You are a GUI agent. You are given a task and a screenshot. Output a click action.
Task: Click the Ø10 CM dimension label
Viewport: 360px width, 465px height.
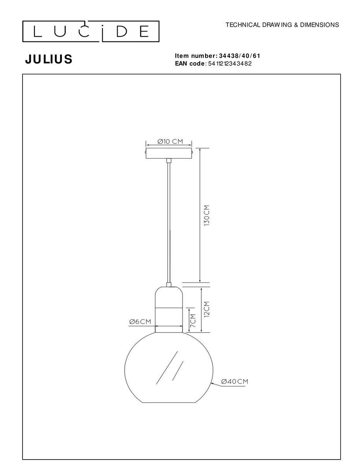(170, 141)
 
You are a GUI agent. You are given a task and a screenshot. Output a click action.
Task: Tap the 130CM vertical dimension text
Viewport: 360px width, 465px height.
(207, 215)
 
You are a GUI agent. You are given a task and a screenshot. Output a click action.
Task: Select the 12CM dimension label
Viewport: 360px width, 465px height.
(207, 309)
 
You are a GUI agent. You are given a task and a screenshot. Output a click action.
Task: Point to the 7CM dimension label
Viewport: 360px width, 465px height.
(193, 320)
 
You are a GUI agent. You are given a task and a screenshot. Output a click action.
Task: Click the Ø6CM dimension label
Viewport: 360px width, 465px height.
(140, 321)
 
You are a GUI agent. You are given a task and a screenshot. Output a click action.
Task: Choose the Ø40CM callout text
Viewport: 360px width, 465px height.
(235, 381)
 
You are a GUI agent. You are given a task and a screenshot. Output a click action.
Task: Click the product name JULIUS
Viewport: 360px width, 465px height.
(49, 59)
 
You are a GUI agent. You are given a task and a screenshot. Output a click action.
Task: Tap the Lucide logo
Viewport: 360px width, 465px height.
(91, 31)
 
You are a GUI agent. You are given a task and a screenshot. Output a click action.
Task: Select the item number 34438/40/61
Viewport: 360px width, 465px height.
(240, 56)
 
